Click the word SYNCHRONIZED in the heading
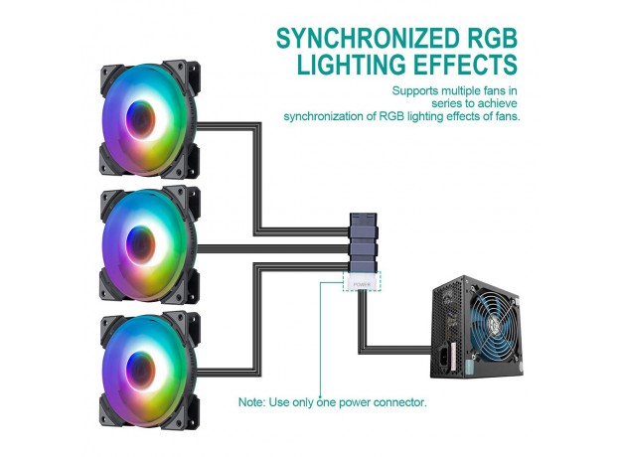(x=366, y=39)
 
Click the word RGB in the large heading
(x=489, y=39)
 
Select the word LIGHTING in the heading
(x=351, y=64)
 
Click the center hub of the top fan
(x=141, y=119)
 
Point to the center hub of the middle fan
(x=141, y=244)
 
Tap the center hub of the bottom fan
(x=141, y=370)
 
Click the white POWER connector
(x=362, y=282)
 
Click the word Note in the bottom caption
(x=251, y=402)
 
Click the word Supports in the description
(x=415, y=91)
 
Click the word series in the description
(x=447, y=103)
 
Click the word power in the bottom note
(x=355, y=402)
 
